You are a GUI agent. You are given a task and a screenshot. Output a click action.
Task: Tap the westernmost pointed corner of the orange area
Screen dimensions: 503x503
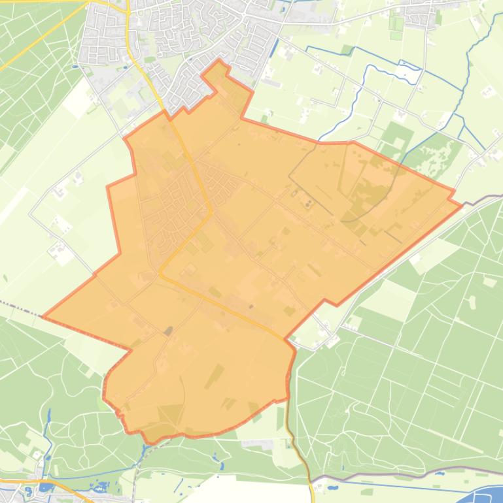coord(43,317)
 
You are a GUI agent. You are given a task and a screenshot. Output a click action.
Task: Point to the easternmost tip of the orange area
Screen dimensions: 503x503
coord(462,204)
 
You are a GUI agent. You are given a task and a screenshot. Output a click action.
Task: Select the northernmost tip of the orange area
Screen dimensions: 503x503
coord(219,60)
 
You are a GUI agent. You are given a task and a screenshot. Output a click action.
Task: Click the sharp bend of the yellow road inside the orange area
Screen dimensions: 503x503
coord(210,212)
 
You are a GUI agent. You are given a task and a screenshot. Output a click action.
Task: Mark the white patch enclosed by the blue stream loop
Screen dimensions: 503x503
coord(407,73)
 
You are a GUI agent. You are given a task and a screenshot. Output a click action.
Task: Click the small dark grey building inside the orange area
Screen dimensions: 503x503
coord(168,331)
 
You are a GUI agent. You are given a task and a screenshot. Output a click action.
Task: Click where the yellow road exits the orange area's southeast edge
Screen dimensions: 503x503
coord(285,338)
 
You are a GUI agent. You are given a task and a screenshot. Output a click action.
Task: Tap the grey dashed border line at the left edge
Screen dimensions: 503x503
coord(16,307)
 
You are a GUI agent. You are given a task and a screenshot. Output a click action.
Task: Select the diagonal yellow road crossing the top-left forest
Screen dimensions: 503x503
coord(39,39)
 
